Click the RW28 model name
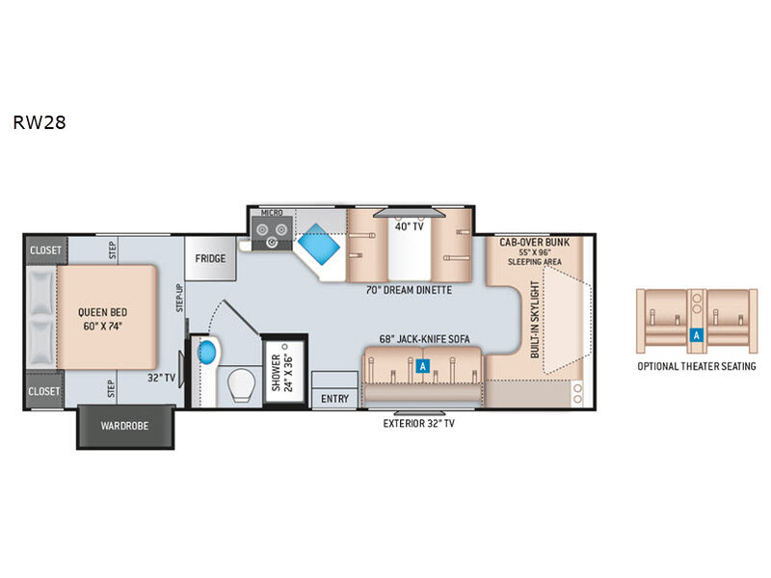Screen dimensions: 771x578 [x=40, y=122]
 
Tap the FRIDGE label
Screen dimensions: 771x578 [x=210, y=258]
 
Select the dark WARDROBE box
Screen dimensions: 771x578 [x=125, y=426]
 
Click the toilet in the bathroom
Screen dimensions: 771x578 [x=243, y=384]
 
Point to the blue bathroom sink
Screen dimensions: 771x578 [x=207, y=352]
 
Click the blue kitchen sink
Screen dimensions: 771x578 [x=319, y=244]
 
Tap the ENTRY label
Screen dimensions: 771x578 [x=334, y=399]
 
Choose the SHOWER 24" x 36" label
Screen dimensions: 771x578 [x=282, y=373]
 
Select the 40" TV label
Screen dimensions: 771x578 [x=409, y=226]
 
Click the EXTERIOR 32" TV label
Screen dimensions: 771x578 [x=419, y=423]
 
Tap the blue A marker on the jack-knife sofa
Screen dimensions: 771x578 [x=422, y=366]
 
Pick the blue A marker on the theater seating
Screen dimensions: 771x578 [x=696, y=335]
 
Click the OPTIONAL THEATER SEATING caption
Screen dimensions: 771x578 [x=697, y=366]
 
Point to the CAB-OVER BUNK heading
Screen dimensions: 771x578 [x=535, y=242]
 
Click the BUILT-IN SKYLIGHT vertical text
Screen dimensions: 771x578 [x=535, y=320]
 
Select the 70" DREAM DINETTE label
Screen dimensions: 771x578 [x=409, y=290]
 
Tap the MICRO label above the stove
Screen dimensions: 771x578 [x=272, y=213]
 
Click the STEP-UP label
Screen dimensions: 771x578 [x=179, y=298]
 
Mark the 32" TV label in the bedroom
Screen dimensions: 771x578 [x=161, y=378]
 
